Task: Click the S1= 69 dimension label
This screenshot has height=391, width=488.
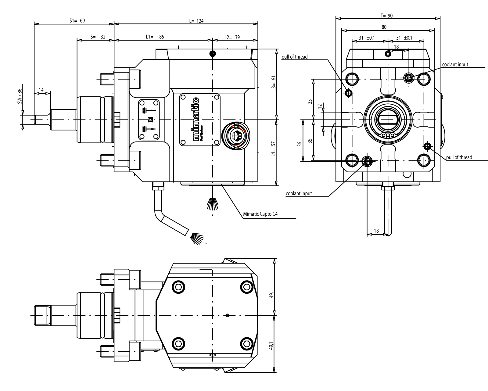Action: (x=77, y=21)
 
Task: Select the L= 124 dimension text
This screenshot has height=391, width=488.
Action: (x=196, y=21)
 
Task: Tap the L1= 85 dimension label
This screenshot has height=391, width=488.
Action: (x=155, y=37)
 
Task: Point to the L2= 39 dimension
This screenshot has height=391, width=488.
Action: (x=232, y=37)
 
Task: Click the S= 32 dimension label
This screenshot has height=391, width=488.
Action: (x=98, y=37)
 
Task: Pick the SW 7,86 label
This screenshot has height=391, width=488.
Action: (x=20, y=97)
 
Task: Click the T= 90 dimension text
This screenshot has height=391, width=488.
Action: (x=386, y=16)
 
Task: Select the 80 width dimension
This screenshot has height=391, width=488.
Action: (x=384, y=27)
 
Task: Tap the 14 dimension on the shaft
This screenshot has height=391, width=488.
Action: (x=41, y=90)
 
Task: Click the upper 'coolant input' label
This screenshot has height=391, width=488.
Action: (x=455, y=65)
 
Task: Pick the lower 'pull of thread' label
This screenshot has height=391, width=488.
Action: (x=459, y=157)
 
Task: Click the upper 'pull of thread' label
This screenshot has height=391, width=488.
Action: (x=295, y=57)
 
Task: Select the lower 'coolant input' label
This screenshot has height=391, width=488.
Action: (x=299, y=193)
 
